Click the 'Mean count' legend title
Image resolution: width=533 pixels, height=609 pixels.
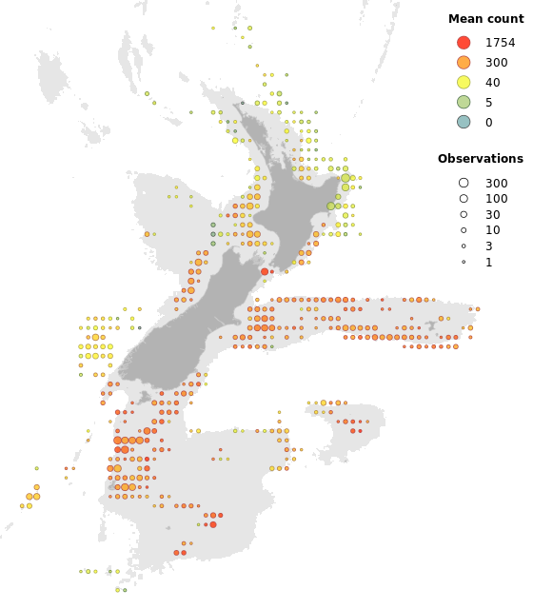click(485, 19)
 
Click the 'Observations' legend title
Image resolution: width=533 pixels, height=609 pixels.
click(480, 159)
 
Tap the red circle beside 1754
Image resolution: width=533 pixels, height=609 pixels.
click(464, 43)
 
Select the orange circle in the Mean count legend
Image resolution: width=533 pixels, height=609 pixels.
click(464, 63)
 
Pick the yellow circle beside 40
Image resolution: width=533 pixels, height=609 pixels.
click(464, 83)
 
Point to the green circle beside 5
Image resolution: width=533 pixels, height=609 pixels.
click(464, 102)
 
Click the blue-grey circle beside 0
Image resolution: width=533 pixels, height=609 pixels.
click(464, 122)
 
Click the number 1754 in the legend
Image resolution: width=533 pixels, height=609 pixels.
click(500, 43)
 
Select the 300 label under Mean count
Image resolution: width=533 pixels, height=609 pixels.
click(496, 63)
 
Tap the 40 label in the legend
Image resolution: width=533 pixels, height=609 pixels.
click(492, 83)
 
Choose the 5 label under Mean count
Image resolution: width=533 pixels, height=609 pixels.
click(488, 102)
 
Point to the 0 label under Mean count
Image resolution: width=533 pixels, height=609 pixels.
click(488, 122)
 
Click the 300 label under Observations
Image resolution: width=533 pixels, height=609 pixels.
click(496, 183)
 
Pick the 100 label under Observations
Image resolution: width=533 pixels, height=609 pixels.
click(496, 199)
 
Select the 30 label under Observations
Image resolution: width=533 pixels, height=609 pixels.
click(492, 215)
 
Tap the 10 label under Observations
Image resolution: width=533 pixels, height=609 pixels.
click(492, 230)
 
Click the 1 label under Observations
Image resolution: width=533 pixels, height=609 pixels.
click(488, 262)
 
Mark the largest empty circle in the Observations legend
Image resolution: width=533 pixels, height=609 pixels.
click(464, 183)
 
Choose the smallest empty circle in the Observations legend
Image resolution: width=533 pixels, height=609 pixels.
click(464, 262)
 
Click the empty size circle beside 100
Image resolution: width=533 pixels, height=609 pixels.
click(464, 199)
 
